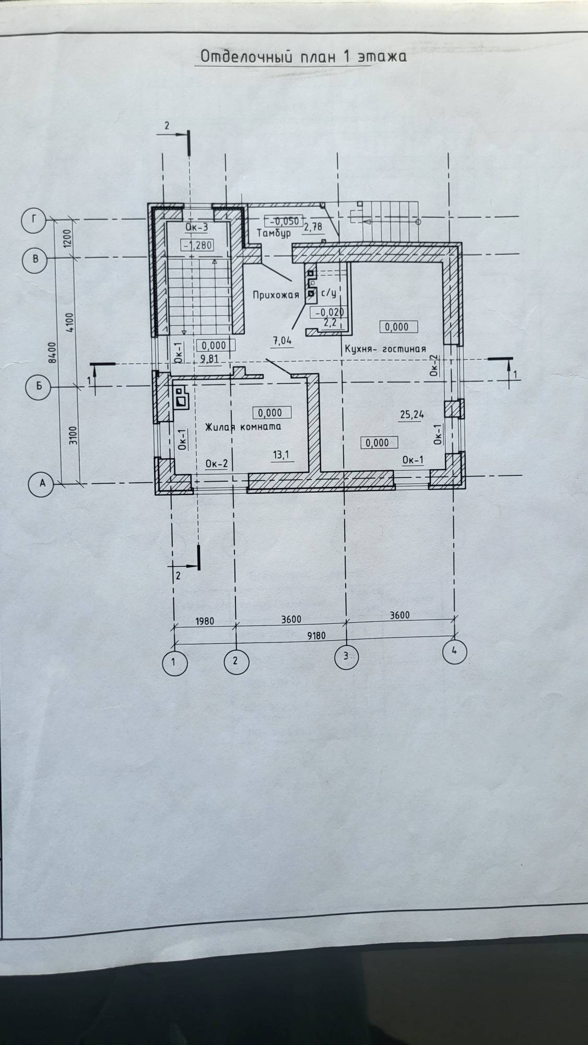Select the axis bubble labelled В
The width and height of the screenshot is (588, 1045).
pos(35,259)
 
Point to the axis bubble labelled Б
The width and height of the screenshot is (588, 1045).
pos(38,387)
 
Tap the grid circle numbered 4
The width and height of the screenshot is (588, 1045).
pos(454,651)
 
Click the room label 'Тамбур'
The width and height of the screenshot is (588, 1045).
pos(273,233)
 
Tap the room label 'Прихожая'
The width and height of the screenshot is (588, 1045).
pos(276,295)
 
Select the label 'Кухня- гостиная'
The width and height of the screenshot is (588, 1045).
pos(384,349)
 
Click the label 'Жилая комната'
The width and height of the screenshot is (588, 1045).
pos(243,426)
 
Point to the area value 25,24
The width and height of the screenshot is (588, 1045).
pos(411,415)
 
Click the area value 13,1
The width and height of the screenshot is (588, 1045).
pos(280,455)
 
